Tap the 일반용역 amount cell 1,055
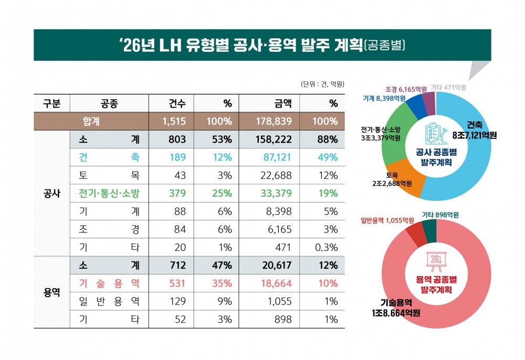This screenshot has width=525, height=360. point(279,301)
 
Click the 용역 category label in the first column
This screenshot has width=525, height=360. point(51,292)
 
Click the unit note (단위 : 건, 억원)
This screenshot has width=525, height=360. point(322,84)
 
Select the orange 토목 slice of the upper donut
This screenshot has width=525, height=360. point(404,181)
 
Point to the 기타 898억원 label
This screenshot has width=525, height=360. point(440,215)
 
